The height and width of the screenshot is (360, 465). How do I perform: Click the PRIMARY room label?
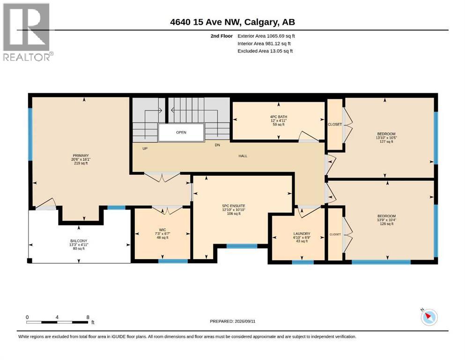coord(81,156)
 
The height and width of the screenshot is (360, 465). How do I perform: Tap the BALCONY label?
coord(79,240)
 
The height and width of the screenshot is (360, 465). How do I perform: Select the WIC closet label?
coord(162,230)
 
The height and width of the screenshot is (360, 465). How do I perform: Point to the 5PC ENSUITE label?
coord(234,206)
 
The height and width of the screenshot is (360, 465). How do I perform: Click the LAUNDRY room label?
coord(302,233)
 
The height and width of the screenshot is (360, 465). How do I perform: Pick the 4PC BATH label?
coord(279,117)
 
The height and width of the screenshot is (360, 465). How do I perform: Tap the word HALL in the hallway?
coord(243,156)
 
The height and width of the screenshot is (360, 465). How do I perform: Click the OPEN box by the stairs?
coord(181,132)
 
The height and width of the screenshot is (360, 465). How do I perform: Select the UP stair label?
coord(145,149)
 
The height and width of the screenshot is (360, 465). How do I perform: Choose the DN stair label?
coord(217,145)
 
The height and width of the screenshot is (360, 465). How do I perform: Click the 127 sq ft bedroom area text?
coord(386,142)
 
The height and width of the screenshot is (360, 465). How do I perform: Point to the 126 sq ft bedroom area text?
coord(387,224)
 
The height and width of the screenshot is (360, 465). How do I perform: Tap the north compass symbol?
coord(429,317)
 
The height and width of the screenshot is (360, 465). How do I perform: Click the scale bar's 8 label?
coord(88,317)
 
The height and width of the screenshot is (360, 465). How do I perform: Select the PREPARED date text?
coord(232,321)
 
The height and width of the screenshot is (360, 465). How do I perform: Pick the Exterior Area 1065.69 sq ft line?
coord(266,36)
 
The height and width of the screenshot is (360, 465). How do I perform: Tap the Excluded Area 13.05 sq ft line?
coord(265,51)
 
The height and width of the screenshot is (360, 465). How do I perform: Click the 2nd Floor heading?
coord(221,36)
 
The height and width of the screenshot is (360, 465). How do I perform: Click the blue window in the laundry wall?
coord(303,262)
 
